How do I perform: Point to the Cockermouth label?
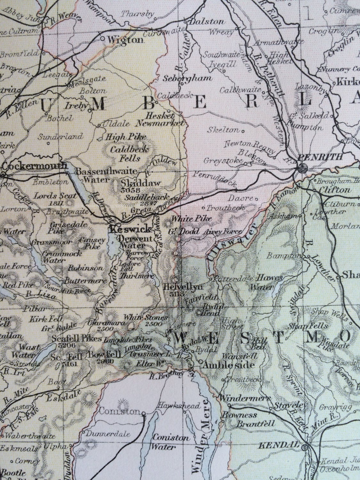click(35, 166)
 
